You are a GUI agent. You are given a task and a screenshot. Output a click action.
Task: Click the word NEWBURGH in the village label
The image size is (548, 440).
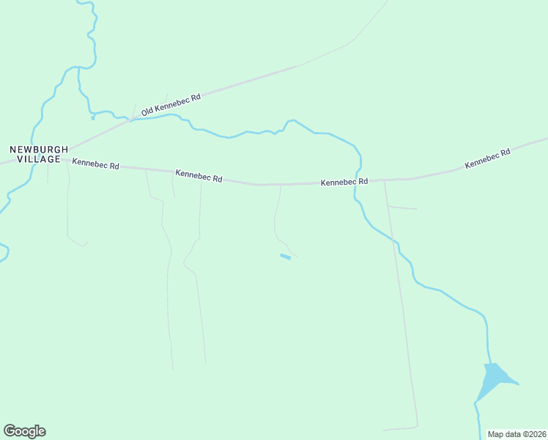pyautogui.click(x=39, y=149)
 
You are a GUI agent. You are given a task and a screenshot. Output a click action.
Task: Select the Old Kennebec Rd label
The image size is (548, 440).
pyautogui.click(x=171, y=105)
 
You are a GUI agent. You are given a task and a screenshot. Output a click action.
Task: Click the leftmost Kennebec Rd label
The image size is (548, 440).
pyautogui.click(x=95, y=165)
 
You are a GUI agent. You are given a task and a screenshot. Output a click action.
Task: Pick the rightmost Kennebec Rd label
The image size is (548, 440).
pyautogui.click(x=487, y=160)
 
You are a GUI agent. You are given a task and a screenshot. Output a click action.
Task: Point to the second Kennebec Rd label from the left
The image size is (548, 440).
pyautogui.click(x=199, y=177)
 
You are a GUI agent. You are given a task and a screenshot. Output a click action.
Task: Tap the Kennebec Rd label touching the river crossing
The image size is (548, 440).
pyautogui.click(x=344, y=181)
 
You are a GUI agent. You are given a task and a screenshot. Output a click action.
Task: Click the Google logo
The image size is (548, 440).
pyautogui.click(x=24, y=431)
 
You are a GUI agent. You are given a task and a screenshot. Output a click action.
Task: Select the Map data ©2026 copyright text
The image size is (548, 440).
pyautogui.click(x=516, y=434)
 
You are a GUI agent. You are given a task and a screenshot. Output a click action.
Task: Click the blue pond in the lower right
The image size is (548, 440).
pyautogui.click(x=495, y=378)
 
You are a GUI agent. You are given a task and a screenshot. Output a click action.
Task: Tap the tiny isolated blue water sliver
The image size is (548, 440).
pyautogui.click(x=285, y=257)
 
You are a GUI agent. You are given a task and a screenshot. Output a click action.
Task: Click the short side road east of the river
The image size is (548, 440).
pyautogui.click(x=402, y=208)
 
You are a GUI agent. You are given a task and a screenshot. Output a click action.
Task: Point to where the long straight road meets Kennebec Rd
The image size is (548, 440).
pyautogui.click(x=385, y=180)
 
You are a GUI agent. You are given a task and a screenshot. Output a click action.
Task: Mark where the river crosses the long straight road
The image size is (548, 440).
pyautogui.click(x=399, y=252)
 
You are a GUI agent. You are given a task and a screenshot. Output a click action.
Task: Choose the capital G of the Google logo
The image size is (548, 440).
pyautogui.click(x=10, y=431)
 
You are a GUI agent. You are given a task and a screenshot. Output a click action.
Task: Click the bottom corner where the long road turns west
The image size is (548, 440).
pyautogui.click(x=417, y=425)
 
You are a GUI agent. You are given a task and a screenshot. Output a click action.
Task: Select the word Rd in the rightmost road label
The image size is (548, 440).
pyautogui.click(x=505, y=154)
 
